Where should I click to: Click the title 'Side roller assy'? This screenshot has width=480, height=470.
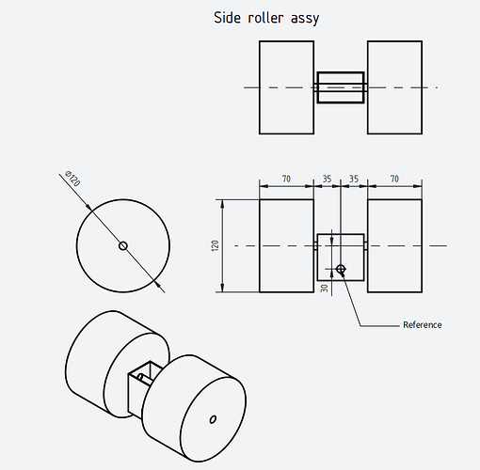click(266, 18)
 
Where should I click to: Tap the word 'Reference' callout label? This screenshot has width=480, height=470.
click(423, 325)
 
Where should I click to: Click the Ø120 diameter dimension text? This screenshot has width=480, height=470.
click(72, 179)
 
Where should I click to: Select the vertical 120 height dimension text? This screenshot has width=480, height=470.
click(215, 245)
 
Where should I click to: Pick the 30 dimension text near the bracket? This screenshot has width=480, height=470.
click(325, 289)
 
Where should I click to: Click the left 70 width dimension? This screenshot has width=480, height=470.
click(286, 179)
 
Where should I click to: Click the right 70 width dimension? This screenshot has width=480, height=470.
click(394, 179)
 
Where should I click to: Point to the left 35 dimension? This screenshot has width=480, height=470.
click(327, 179)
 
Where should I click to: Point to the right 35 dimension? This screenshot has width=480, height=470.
click(354, 179)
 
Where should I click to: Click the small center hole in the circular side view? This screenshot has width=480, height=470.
click(123, 245)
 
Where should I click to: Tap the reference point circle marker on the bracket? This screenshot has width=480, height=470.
click(341, 269)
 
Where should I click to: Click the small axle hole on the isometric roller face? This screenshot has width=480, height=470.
click(213, 419)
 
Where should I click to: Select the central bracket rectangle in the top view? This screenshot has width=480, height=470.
click(341, 87)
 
